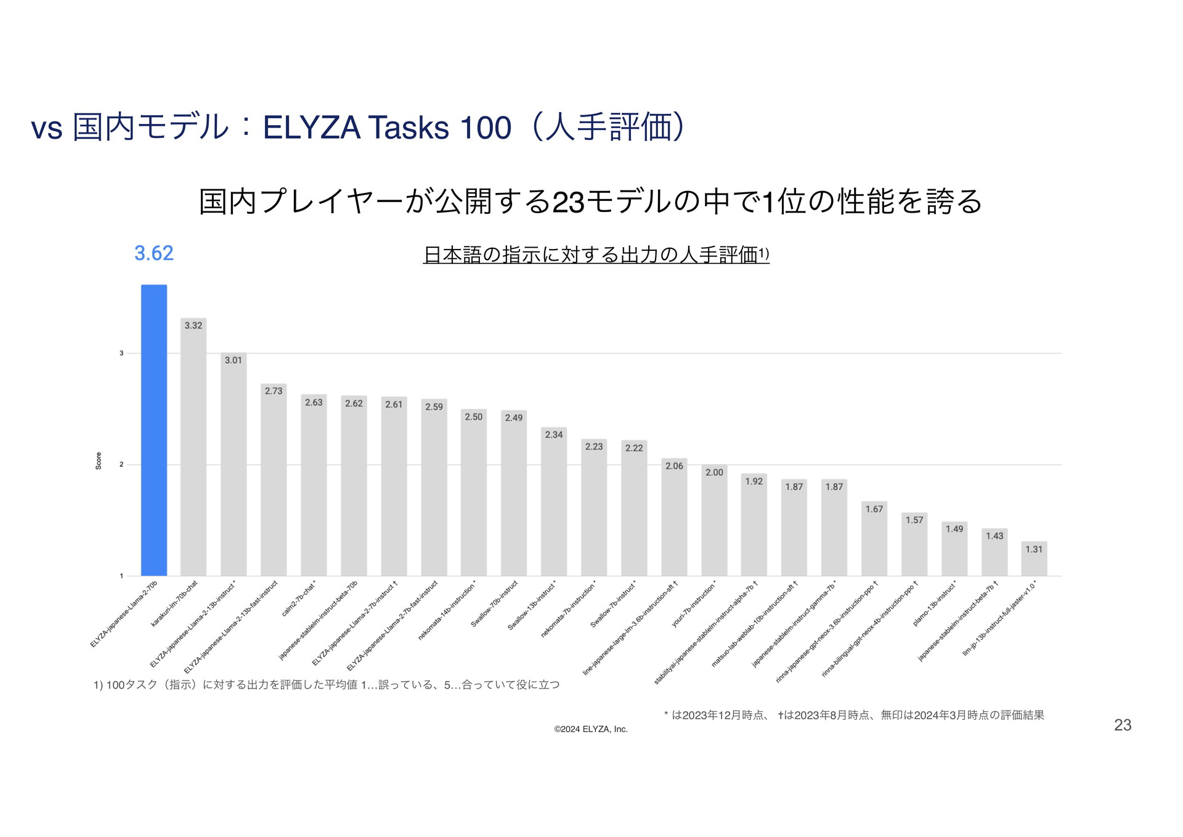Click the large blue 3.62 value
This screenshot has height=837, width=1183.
point(154,253)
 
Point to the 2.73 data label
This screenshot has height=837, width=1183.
point(274,391)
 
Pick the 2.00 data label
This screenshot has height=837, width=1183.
point(714,472)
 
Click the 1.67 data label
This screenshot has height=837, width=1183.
point(874,509)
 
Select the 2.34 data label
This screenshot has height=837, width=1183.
point(554,435)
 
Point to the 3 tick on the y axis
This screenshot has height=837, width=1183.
point(121,353)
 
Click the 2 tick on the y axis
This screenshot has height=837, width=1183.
point(121,465)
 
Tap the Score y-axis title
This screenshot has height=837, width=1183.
point(99,461)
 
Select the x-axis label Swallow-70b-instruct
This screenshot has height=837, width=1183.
point(494,604)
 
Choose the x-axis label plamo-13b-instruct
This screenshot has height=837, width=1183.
point(935,604)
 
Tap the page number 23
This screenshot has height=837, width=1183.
point(1123,725)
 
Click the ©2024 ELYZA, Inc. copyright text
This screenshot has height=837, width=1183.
point(591,729)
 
